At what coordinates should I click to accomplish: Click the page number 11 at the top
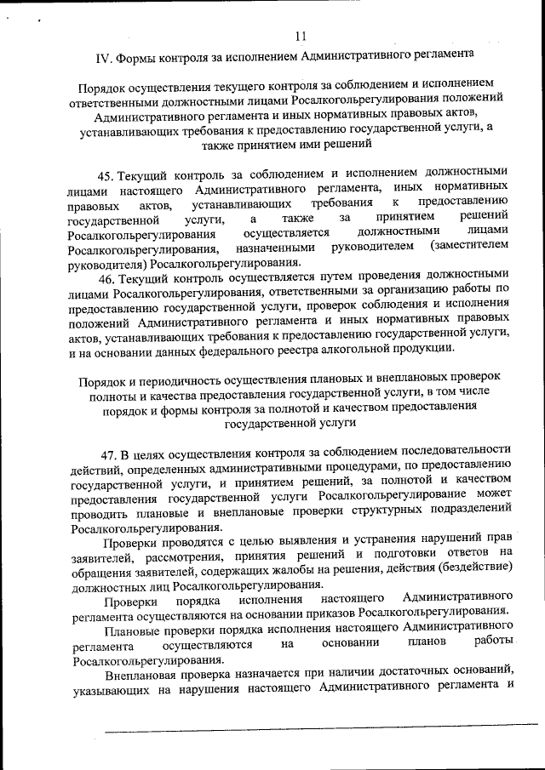pos(299,35)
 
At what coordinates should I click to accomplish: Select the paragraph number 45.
pos(106,175)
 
